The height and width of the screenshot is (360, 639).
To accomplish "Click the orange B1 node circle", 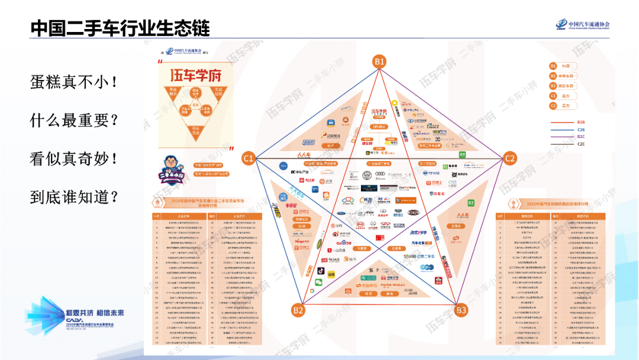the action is click(379, 61).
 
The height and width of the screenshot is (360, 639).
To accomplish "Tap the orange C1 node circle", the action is click(248, 158).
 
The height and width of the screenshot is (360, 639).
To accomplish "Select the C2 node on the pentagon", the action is click(509, 158).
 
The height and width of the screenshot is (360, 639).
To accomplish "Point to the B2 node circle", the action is click(298, 310).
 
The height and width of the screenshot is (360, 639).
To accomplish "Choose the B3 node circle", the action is click(460, 310).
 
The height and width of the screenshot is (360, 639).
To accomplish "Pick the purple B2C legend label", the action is click(581, 137).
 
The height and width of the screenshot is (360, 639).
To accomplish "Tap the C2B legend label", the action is click(581, 130).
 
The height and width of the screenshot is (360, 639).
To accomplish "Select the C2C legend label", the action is click(581, 144).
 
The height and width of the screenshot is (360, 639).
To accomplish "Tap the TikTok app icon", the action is click(319, 271).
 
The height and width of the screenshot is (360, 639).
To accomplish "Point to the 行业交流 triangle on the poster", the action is click(195, 129).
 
